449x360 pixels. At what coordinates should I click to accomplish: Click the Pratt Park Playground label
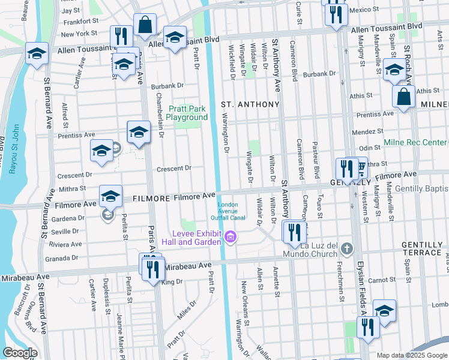pos(187,113)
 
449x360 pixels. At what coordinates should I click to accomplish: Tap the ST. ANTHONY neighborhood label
pos(250,104)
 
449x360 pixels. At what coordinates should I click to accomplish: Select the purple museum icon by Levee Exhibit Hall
pos(229,239)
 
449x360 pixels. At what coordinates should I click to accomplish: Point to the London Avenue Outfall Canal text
pos(228,212)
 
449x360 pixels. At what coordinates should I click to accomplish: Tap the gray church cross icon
pos(346,247)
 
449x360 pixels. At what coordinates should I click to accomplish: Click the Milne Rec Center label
pos(415,142)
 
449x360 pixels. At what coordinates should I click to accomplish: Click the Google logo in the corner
pos(20,353)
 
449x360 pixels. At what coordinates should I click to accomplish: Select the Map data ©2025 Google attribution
pos(412,355)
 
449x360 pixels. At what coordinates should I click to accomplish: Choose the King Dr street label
pos(172,281)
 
